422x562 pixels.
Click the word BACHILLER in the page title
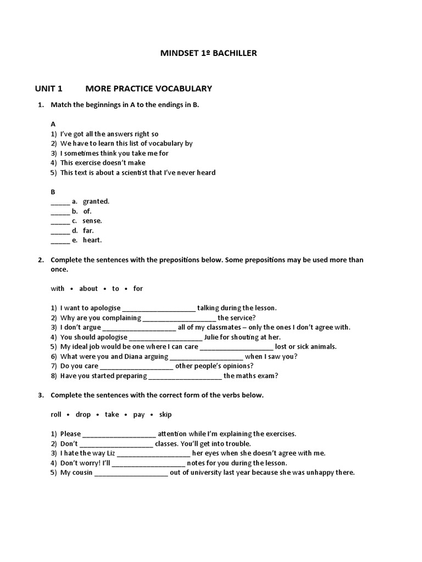coord(235,53)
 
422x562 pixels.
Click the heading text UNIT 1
coord(49,88)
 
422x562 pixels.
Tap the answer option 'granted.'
coord(96,201)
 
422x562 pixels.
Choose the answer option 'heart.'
coord(92,240)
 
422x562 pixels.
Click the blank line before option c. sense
coord(60,221)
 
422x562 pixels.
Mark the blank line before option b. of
coord(60,211)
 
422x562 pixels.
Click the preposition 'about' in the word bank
coord(88,288)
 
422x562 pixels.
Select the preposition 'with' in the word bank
coord(57,288)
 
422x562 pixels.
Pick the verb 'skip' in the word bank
coord(165,414)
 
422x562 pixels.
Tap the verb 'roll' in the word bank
coord(55,414)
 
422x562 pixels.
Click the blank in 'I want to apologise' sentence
coord(158,308)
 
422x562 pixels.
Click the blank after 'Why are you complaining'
coord(179,318)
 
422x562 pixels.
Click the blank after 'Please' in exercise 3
coord(119,434)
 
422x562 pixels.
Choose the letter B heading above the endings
coord(53,192)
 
